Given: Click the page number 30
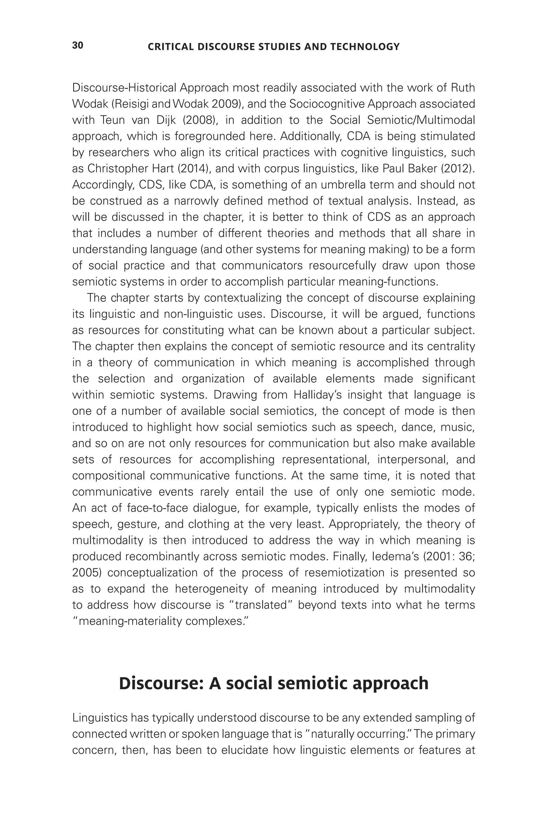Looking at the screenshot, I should point(78,45).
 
